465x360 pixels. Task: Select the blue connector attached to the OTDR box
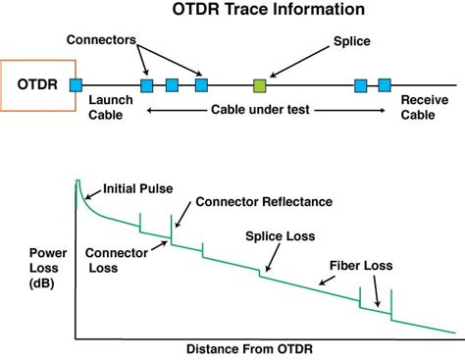tap(77, 86)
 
